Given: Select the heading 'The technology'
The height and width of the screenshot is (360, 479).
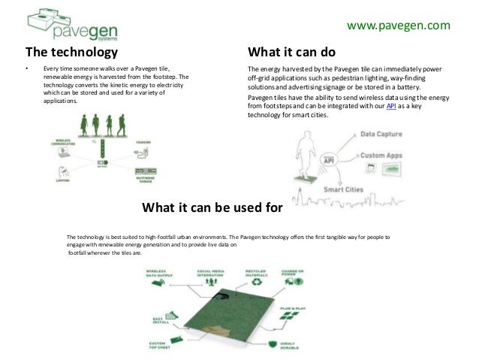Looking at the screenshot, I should pos(72,53).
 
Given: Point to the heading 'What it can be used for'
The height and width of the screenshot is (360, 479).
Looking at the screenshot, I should pos(211,207).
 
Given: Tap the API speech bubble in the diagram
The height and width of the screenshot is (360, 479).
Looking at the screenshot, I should pos(329,160).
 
